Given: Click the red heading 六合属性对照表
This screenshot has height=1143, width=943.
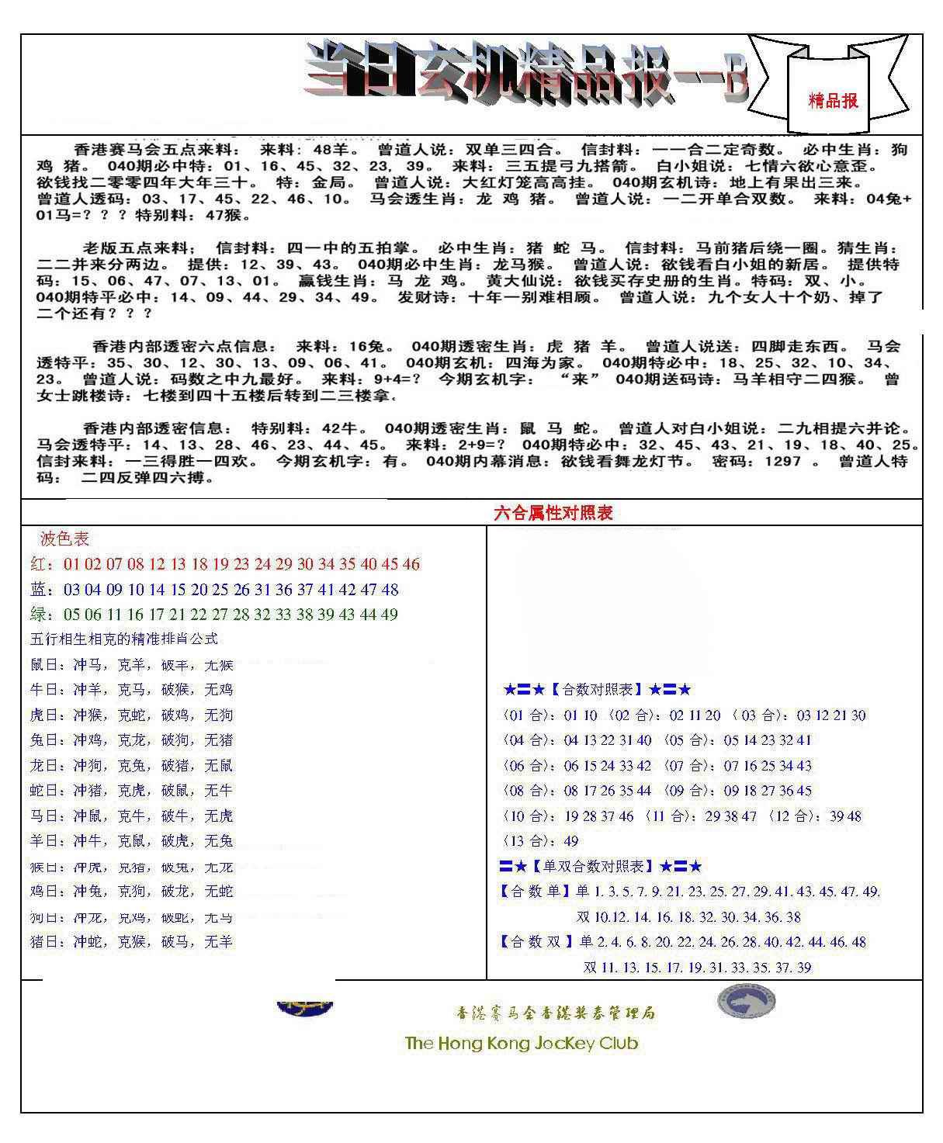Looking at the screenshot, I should coord(553,513).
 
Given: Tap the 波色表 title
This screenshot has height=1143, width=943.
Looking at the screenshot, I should coord(64,539).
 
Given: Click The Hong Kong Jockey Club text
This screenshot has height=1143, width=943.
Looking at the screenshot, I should coord(521,1043).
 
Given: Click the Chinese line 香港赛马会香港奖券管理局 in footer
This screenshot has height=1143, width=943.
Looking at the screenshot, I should coord(555,1013).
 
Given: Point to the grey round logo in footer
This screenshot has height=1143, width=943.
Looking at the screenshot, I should coord(746,1001).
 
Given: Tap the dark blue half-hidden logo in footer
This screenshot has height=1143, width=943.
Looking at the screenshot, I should coord(305,1008).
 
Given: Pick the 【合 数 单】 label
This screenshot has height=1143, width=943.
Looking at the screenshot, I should coord(536,892).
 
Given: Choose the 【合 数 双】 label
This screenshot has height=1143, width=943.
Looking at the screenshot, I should coord(536,942).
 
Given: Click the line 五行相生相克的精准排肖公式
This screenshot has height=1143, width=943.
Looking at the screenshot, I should coord(123,639).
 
